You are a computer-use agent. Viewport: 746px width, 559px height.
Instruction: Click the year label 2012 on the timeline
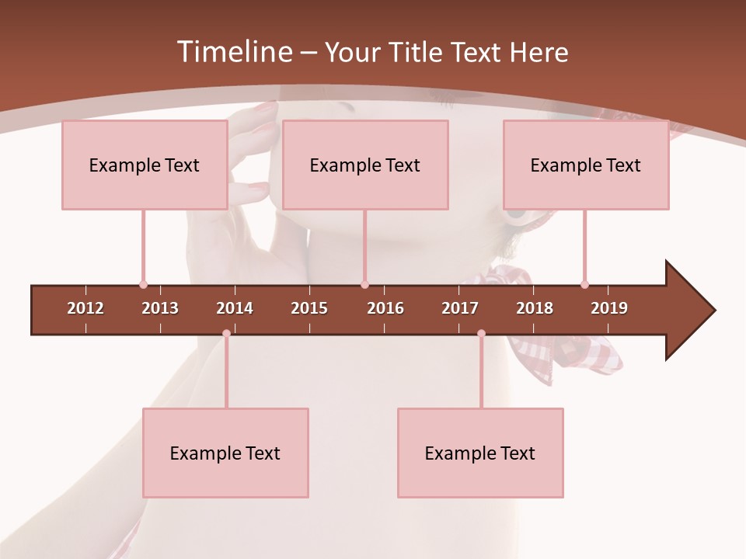click(x=85, y=308)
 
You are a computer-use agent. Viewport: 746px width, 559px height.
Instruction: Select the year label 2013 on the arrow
click(x=160, y=308)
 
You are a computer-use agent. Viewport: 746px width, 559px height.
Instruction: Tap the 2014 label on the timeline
click(x=235, y=308)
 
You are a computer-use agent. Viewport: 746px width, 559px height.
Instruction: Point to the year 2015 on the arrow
click(x=309, y=308)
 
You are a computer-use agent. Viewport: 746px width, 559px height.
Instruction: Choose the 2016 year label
click(x=385, y=308)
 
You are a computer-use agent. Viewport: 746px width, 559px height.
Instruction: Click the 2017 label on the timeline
click(x=460, y=308)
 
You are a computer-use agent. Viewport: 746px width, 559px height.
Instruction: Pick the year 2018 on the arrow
click(x=535, y=308)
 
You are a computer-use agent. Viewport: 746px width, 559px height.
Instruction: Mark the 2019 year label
click(x=609, y=308)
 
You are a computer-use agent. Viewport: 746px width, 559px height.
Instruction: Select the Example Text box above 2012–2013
click(x=145, y=165)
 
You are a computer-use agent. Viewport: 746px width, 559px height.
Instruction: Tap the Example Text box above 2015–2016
click(x=365, y=165)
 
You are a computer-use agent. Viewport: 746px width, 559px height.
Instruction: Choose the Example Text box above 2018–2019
click(x=586, y=165)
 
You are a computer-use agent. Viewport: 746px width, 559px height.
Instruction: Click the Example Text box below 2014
click(x=225, y=453)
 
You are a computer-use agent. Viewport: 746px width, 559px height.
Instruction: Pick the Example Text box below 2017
click(x=480, y=453)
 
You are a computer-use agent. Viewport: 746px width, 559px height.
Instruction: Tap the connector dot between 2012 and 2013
click(x=143, y=284)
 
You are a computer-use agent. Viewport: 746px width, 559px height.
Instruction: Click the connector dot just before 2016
click(x=364, y=284)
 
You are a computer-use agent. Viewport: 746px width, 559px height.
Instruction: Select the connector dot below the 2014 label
click(x=226, y=333)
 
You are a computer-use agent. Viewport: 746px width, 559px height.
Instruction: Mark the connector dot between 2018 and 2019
click(x=584, y=284)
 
